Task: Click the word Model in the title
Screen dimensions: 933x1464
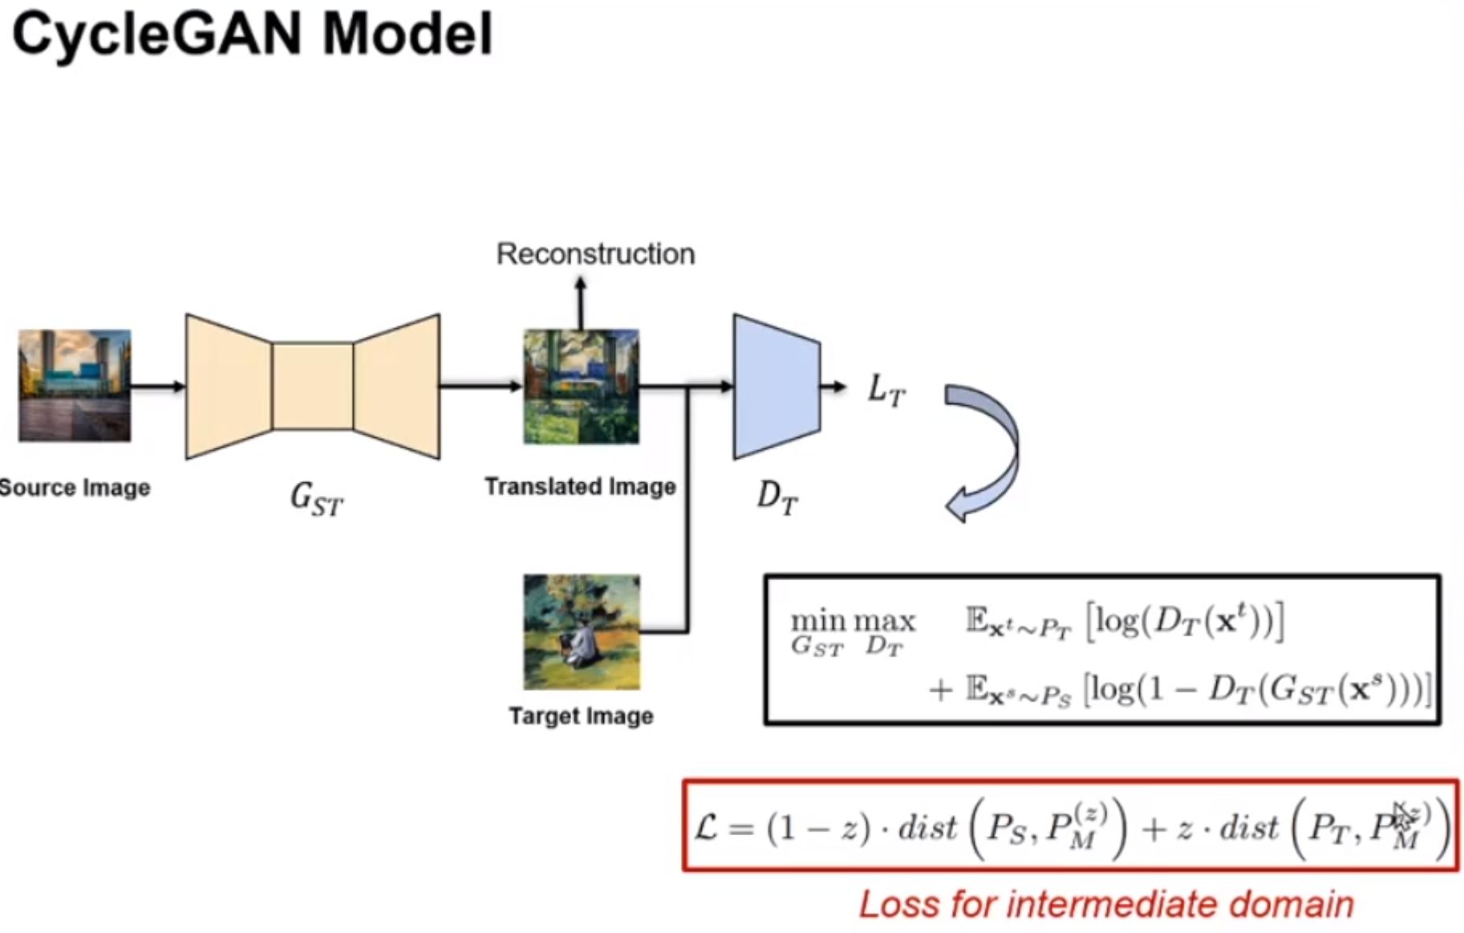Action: [407, 35]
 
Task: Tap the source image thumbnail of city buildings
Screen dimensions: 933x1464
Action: [75, 386]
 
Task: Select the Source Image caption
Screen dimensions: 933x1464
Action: [74, 488]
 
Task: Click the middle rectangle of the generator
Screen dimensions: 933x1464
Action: [312, 387]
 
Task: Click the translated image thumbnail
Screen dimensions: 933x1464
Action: [581, 387]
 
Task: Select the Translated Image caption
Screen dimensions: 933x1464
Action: [580, 487]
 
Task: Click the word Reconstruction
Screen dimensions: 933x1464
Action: [595, 254]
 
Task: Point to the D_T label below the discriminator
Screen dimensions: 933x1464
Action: [777, 498]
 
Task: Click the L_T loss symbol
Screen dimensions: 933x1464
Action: [886, 391]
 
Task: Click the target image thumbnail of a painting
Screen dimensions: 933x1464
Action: [582, 632]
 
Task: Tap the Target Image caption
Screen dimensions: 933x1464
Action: [581, 716]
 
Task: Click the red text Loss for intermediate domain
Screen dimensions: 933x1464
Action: [1106, 905]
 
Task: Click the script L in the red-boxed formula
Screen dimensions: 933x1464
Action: [706, 826]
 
